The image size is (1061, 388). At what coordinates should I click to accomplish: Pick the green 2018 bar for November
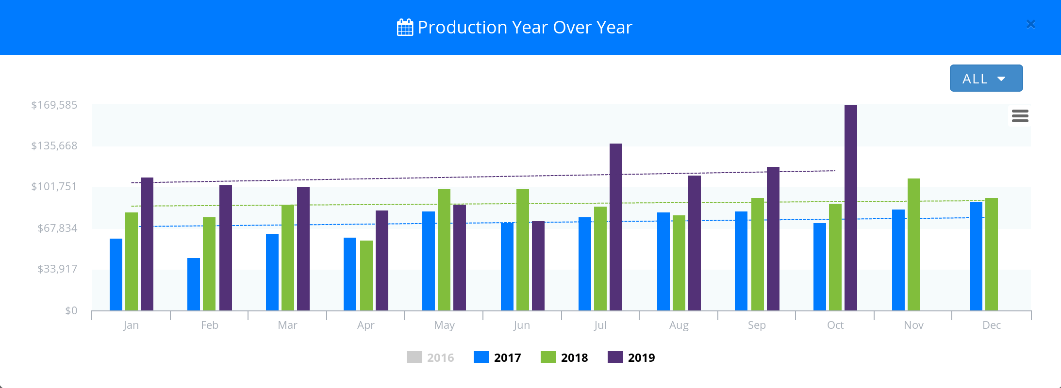pos(913,244)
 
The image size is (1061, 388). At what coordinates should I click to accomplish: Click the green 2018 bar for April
pos(366,275)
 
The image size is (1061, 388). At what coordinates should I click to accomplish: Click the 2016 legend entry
pos(431,357)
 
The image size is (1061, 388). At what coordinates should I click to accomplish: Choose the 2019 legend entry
pos(631,357)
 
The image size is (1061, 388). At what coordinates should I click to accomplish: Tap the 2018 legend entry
pos(564,357)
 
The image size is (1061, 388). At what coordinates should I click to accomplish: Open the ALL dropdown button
pos(986,78)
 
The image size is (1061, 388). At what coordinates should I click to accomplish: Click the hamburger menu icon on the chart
pos(1020,116)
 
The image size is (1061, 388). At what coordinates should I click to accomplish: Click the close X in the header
pos(1030,24)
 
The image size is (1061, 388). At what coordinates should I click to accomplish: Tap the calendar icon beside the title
pos(405,28)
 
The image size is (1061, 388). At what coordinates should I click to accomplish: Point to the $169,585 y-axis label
pos(54,105)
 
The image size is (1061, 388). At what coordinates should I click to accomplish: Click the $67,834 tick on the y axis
pos(57,228)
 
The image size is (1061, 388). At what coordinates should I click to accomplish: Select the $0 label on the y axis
pos(71,310)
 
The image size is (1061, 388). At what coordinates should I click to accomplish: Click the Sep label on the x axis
pos(757,325)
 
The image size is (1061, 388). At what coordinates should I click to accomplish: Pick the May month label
pos(444,325)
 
